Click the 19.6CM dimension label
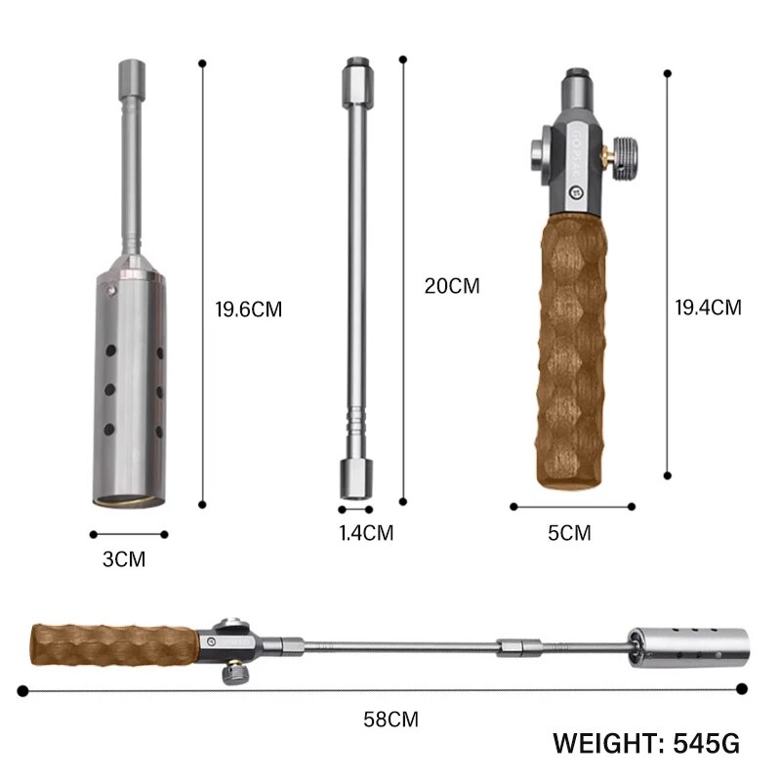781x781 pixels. pos(248,310)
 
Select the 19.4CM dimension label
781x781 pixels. pos(708,308)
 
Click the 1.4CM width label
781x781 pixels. pos(366,533)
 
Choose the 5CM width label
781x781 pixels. pos(569,533)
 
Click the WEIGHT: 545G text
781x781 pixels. pos(646,744)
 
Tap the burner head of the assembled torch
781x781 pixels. pos(687,645)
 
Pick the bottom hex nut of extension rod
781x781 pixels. pos(355,478)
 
